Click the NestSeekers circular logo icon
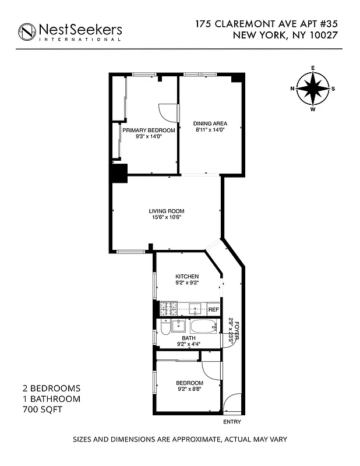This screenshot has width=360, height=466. click(27, 32)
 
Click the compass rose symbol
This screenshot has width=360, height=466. click(313, 89)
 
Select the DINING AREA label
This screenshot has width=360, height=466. click(210, 123)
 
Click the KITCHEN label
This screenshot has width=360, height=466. click(187, 276)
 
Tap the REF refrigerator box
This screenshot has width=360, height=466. click(213, 309)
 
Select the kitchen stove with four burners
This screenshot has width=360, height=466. click(168, 309)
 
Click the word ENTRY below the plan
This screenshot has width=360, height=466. click(232, 422)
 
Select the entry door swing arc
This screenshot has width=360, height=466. click(231, 402)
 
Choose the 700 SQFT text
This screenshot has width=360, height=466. click(41, 410)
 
